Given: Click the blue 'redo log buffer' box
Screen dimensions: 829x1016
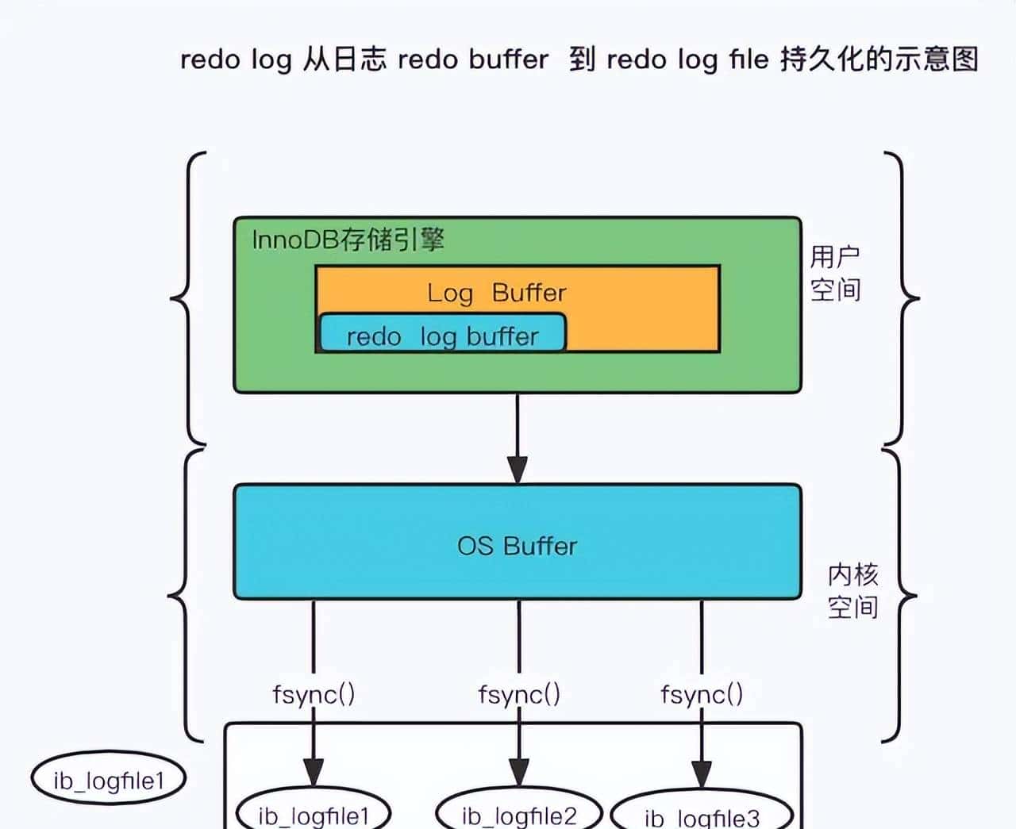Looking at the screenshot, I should coord(442,334).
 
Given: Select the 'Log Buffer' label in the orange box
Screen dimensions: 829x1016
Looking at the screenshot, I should coord(496,293).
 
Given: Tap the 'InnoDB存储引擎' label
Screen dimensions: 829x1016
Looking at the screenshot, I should coord(348,240).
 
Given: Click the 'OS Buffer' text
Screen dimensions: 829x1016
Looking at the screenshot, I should coord(517,546).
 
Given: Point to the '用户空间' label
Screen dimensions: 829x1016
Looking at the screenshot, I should coord(835,273).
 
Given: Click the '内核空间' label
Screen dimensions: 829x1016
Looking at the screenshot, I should coord(852,590).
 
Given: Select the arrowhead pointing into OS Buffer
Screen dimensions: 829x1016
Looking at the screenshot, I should coord(518,469).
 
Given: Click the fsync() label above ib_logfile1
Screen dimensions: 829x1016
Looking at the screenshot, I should coord(314,694).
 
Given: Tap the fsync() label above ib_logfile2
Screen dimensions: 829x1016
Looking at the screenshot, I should coord(519,694).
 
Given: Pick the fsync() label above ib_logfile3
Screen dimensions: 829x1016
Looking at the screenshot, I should coord(702,694).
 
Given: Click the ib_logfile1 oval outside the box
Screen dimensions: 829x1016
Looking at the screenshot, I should coord(108,780).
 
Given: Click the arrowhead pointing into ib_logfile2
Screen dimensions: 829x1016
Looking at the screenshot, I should coord(519,773).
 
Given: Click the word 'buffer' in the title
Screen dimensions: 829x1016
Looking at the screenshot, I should coord(508,59).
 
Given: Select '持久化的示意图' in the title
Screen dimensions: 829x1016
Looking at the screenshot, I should coord(879,59).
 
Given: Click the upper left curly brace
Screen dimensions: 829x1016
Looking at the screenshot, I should coord(189,298).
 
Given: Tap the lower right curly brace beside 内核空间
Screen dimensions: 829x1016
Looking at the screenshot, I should coord(901,595).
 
